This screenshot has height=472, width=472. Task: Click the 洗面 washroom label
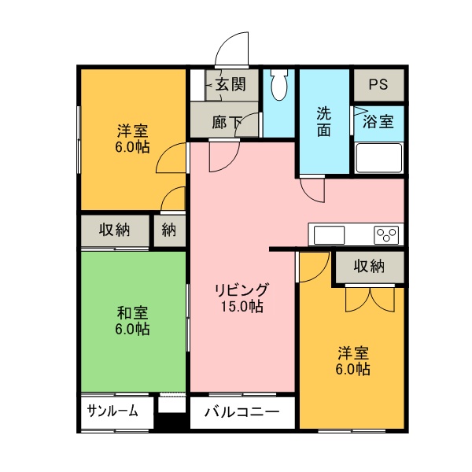click(323, 121)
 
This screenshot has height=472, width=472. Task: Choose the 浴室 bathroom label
click(378, 122)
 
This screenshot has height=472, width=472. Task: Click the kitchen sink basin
click(329, 234)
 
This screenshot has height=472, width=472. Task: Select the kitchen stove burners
click(385, 234)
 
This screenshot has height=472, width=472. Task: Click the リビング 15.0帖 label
click(242, 297)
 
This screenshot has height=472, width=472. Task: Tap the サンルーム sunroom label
click(112, 411)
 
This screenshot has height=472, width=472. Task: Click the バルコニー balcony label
click(242, 411)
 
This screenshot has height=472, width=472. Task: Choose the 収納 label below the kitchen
click(368, 266)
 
